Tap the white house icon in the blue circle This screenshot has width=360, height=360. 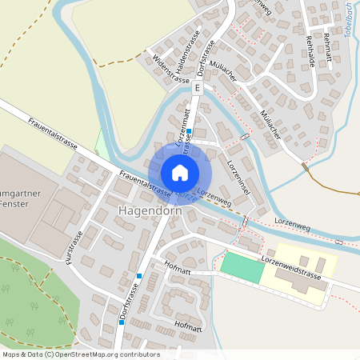tap(180, 172)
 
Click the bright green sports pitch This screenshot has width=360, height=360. tap(242, 266)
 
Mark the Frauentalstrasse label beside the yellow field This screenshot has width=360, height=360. tap(53, 134)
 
